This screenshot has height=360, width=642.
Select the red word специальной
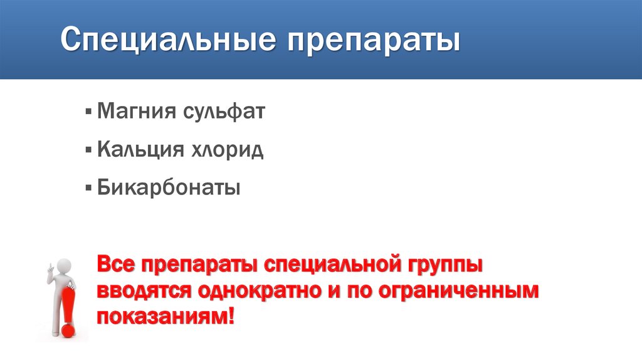[x=335, y=266]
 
